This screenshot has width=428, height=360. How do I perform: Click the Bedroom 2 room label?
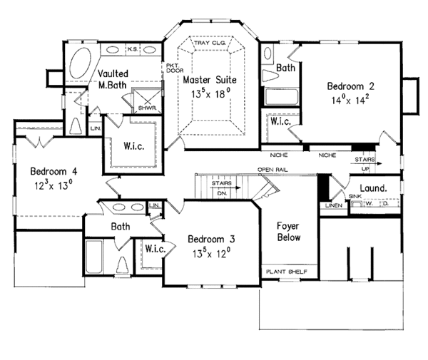[x=349, y=86]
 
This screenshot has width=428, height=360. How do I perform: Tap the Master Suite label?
[x=207, y=80]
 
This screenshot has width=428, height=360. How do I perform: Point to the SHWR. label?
[x=147, y=109]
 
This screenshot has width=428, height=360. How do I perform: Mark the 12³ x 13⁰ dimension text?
[x=52, y=185]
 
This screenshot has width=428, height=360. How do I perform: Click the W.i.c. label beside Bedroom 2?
[x=280, y=122]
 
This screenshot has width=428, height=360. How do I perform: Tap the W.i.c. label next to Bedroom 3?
[x=155, y=250]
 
